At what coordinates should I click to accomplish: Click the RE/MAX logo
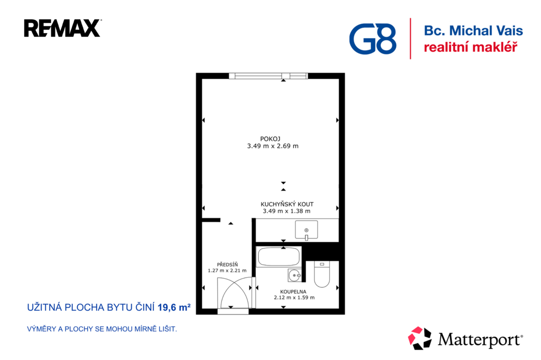click(x=62, y=29)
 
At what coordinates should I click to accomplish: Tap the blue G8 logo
click(x=372, y=39)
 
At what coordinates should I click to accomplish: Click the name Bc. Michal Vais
click(x=473, y=31)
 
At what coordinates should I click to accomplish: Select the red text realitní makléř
click(x=471, y=47)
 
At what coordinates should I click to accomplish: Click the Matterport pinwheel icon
click(x=419, y=338)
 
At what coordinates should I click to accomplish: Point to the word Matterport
click(x=480, y=339)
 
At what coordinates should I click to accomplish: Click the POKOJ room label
click(x=270, y=139)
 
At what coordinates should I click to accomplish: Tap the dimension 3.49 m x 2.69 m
click(x=273, y=146)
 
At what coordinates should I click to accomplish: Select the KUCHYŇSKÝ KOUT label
click(x=287, y=204)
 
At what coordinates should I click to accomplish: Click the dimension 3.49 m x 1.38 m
click(x=287, y=211)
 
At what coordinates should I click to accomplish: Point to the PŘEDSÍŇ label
click(x=227, y=264)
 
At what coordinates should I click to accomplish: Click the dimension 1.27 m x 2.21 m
click(x=227, y=271)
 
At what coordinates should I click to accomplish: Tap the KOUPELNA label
click(x=293, y=291)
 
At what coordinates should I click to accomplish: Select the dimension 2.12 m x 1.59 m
click(x=294, y=298)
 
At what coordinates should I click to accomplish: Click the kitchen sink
click(x=306, y=230)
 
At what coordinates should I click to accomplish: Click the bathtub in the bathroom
click(x=279, y=257)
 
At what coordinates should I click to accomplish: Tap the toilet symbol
click(x=322, y=274)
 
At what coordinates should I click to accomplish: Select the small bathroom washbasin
click(x=294, y=275)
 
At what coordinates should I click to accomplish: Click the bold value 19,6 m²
click(x=174, y=307)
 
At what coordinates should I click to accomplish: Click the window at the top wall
click(x=268, y=76)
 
